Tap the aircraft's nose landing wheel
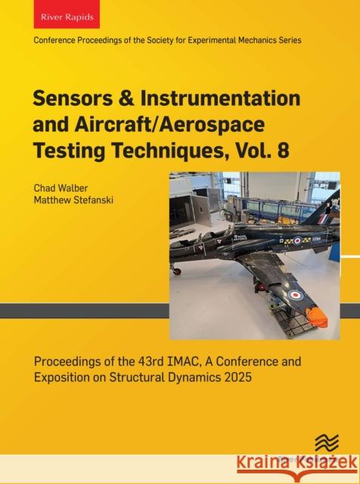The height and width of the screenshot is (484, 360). pos(177,270)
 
